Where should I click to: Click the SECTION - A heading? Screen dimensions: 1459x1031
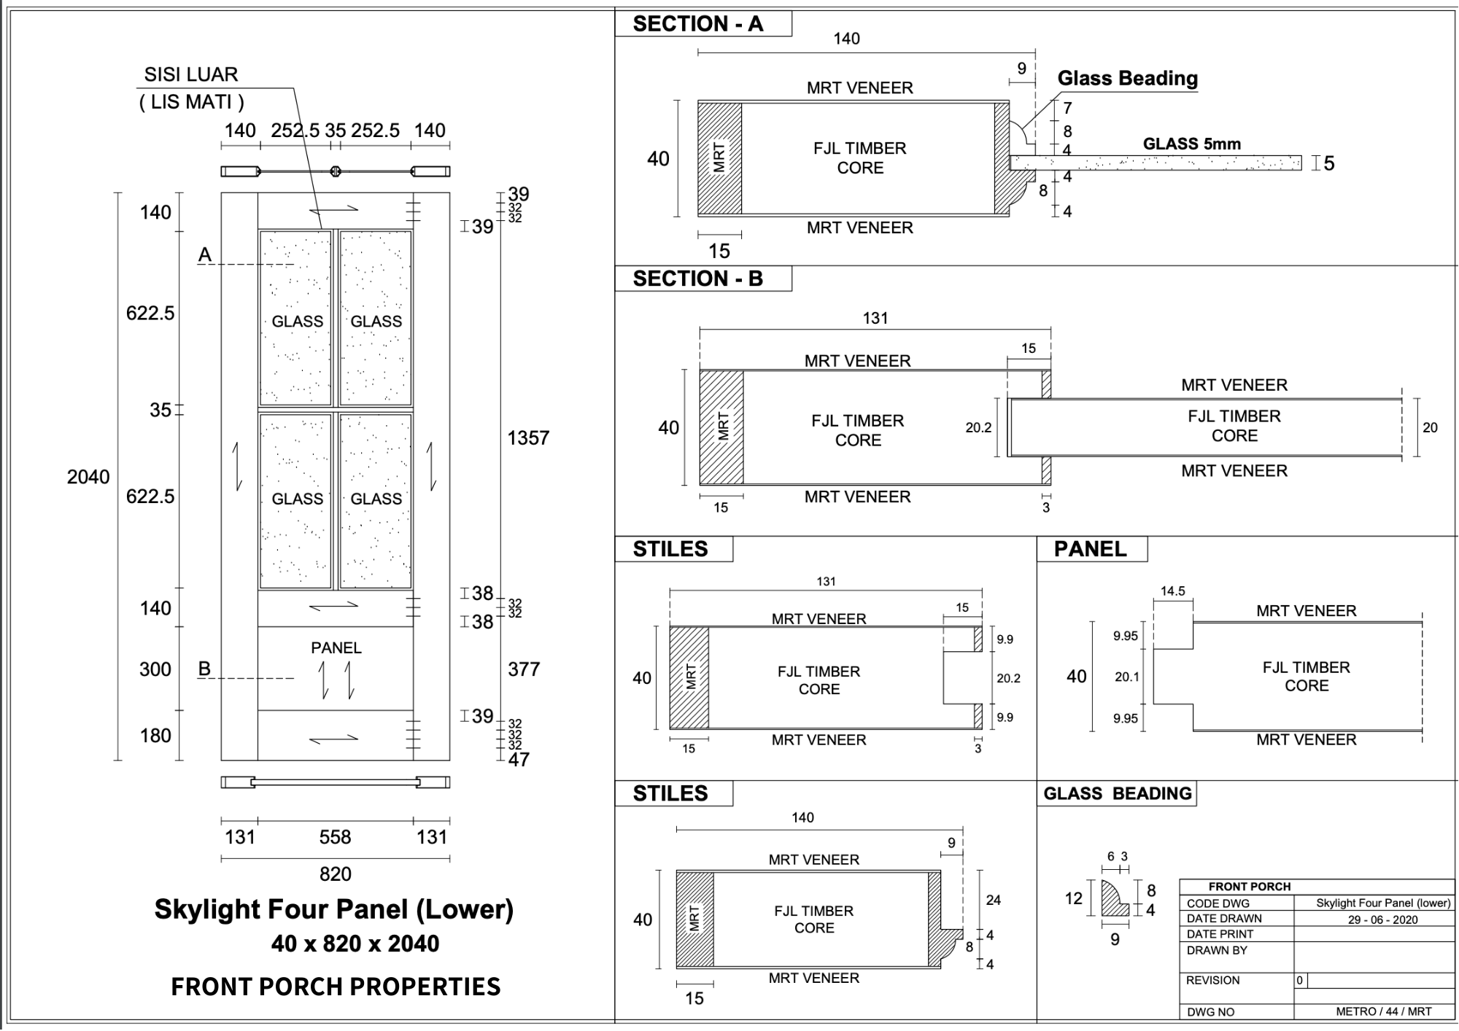coord(698,24)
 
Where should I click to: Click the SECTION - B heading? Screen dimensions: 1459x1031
coord(698,279)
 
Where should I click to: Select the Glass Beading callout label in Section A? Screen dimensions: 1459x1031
coord(1128,78)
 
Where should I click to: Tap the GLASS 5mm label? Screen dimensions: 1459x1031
coord(1192,144)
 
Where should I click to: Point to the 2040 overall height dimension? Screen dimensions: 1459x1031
coord(88,477)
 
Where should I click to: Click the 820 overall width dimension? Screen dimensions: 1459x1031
coord(336,874)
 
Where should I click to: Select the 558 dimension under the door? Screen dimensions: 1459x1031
coord(336,837)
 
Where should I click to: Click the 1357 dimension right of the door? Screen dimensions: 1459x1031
coord(528,438)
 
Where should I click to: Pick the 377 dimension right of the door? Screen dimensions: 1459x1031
coord(524,669)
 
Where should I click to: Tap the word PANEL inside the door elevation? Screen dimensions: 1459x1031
coord(336,647)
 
